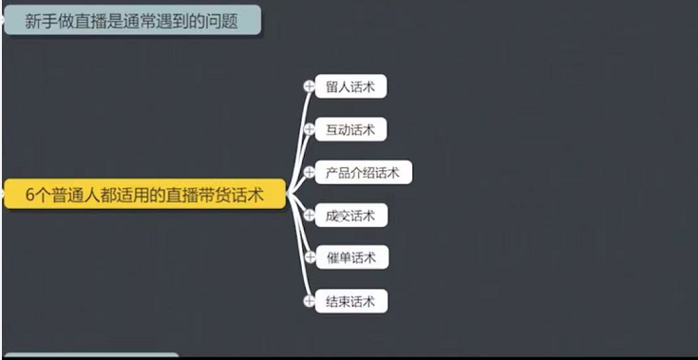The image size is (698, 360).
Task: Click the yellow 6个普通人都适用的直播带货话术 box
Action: click(143, 195)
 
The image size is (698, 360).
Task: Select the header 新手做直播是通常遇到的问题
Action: click(132, 20)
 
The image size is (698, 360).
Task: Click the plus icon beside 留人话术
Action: click(309, 86)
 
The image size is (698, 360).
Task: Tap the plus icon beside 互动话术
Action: click(309, 129)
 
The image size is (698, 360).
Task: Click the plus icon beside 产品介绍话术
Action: click(309, 172)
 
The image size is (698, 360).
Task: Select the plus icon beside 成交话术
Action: click(309, 215)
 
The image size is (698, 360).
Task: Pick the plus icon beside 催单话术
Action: click(309, 257)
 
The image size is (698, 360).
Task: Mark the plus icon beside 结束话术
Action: click(309, 301)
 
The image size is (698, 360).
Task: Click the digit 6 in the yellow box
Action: click(30, 196)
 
